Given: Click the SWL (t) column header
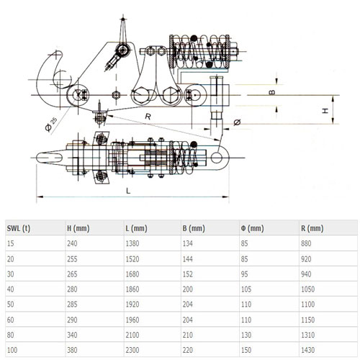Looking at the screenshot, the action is [x=19, y=228].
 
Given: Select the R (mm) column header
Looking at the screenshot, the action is [x=312, y=228].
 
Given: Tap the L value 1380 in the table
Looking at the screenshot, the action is [x=132, y=243].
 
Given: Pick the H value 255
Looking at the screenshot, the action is [x=72, y=259].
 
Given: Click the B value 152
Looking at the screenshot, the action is [x=188, y=274].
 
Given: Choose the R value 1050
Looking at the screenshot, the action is [x=308, y=289].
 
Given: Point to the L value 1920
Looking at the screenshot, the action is [x=132, y=305].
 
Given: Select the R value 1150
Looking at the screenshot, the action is [x=308, y=320].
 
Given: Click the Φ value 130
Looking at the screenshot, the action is [x=246, y=335].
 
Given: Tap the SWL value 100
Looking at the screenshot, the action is [x=12, y=350].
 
